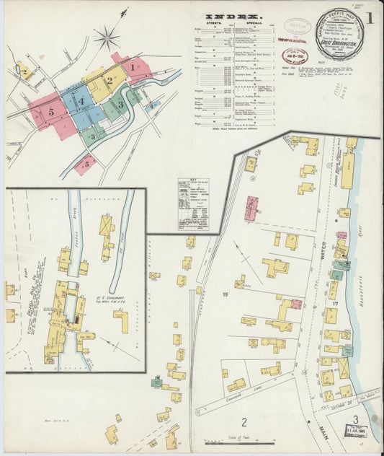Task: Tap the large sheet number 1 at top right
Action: [369, 17]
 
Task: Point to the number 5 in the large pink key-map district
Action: [51, 112]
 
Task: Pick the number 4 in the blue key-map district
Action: [81, 100]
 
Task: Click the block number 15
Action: [225, 294]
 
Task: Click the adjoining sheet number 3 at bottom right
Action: [354, 420]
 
